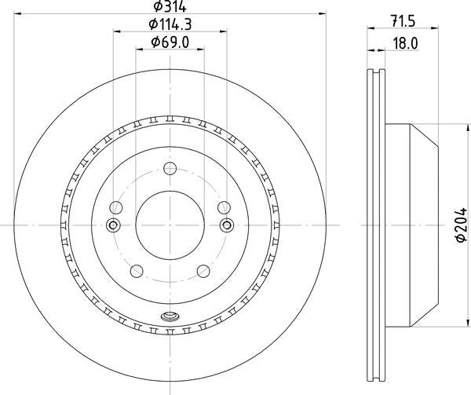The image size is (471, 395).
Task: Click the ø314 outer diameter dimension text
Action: tap(170, 9)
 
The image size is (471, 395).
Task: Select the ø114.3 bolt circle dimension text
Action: tap(170, 26)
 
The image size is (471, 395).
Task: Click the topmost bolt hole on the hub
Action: tap(170, 168)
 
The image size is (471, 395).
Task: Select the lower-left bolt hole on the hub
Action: tap(137, 272)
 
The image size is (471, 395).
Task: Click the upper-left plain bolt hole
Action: tap(116, 207)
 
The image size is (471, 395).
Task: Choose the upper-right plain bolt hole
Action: tap(225, 207)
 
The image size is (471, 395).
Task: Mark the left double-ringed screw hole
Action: tap(112, 226)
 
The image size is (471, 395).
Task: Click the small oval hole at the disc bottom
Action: tap(170, 318)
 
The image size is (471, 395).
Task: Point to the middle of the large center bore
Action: tap(170, 225)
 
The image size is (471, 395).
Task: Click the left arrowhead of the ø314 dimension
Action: tap(18, 14)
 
